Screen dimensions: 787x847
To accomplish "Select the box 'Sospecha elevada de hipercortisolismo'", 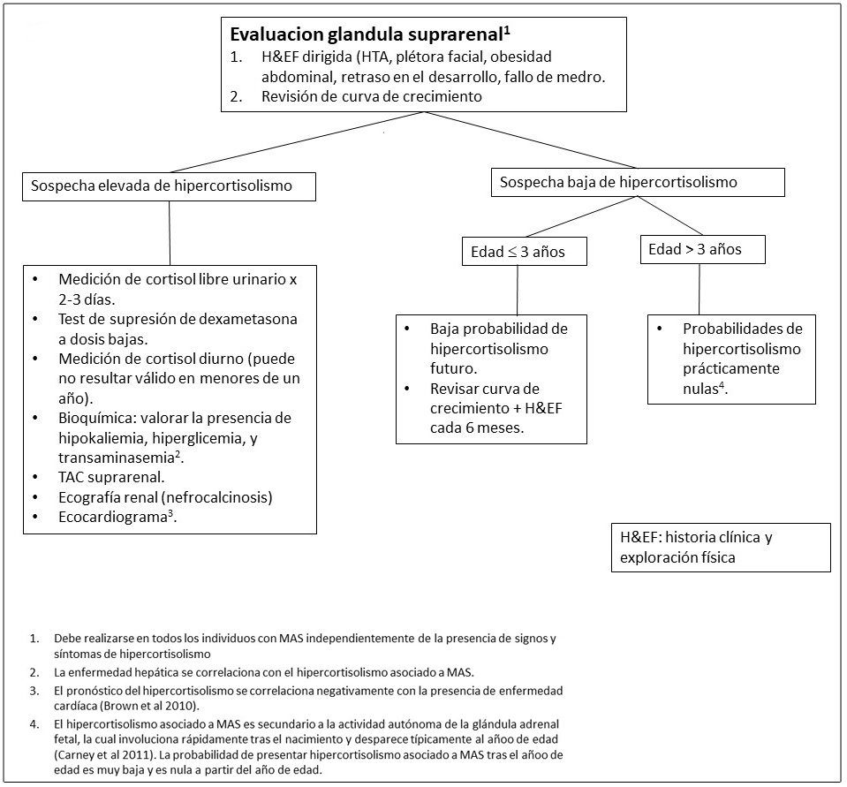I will click(168, 186).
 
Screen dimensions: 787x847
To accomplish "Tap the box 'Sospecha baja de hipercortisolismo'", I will click(637, 182).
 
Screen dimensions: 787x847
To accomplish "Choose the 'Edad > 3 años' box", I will click(702, 250).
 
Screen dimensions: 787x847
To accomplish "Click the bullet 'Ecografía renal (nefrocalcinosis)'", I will click(165, 497).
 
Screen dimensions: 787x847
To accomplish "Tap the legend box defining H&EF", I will click(720, 548).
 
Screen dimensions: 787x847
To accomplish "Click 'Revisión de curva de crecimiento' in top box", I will click(371, 97).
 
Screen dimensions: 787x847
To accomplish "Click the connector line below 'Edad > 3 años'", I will click(700, 289).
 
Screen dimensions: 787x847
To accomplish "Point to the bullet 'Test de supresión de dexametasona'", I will click(178, 318).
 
